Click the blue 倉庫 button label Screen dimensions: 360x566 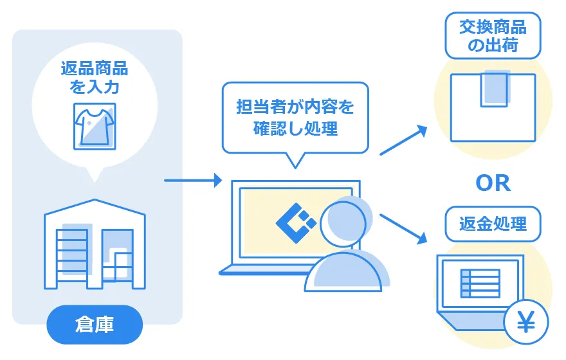pyautogui.click(x=94, y=325)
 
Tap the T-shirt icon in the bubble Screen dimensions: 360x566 pyautogui.click(x=95, y=125)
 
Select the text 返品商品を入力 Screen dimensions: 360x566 pyautogui.click(x=94, y=76)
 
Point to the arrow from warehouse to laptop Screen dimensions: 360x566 pyautogui.click(x=192, y=180)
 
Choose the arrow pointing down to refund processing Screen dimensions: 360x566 pyautogui.click(x=404, y=228)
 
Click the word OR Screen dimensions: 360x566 pyautogui.click(x=493, y=183)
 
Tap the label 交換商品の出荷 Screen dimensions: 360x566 pyautogui.click(x=493, y=36)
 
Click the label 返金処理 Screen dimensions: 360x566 pyautogui.click(x=493, y=224)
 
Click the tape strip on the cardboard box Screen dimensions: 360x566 pyautogui.click(x=495, y=88)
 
